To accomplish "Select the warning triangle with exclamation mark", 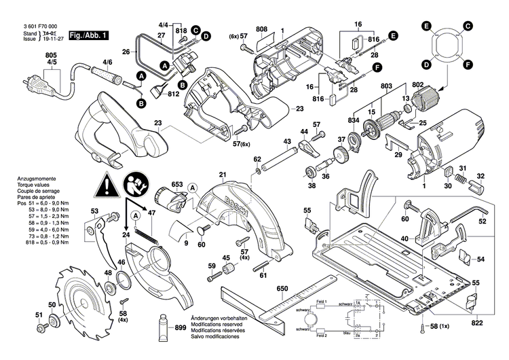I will click(x=106, y=184).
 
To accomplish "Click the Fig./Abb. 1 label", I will click(x=90, y=34).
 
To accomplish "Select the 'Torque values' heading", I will click(x=33, y=184).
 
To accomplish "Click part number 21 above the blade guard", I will click(x=221, y=175).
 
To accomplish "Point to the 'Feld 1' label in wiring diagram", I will click(x=321, y=301).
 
